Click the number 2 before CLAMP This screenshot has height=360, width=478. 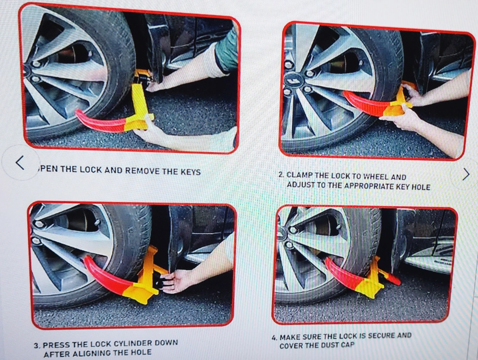pos(281,175)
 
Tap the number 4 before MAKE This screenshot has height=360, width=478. pos(275,338)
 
